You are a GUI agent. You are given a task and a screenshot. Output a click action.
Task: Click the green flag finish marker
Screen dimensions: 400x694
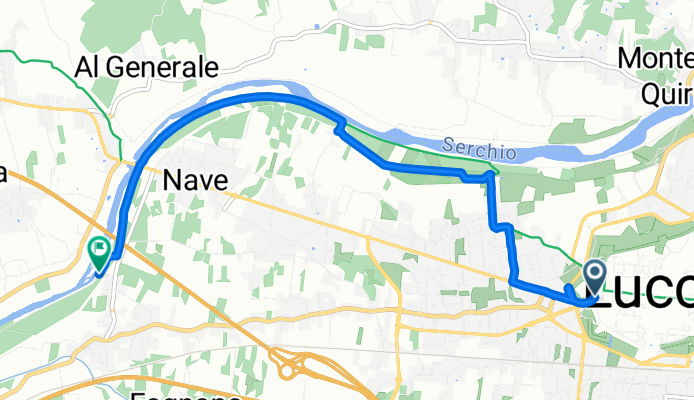coord(100,253)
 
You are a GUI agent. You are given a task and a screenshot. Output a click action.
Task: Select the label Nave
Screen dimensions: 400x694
coord(195,181)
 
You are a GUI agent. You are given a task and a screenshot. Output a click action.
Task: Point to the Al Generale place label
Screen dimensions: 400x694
coord(147,68)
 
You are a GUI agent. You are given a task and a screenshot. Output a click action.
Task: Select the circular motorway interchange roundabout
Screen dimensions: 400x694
coord(289,371)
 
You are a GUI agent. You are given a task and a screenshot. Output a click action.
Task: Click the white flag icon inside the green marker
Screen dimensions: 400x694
coord(100,249)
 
